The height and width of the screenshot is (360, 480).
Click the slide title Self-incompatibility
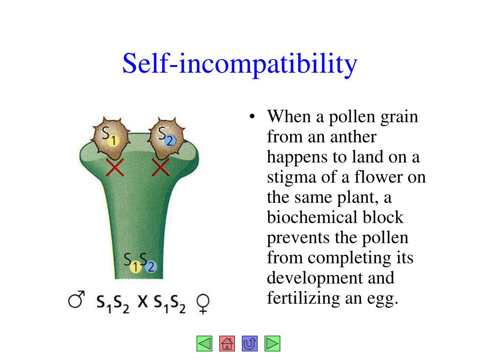tap(240, 64)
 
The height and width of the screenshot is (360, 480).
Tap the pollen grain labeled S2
tap(165, 137)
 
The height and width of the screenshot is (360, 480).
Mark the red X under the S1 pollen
tap(115, 167)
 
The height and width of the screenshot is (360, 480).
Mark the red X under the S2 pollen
tap(161, 167)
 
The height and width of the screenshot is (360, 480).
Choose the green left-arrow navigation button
tap(204, 344)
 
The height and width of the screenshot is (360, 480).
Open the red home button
tap(227, 344)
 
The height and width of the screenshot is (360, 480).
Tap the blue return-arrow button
tap(249, 344)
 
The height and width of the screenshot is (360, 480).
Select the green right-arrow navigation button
tap(272, 344)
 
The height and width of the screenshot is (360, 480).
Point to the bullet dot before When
tap(252, 118)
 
